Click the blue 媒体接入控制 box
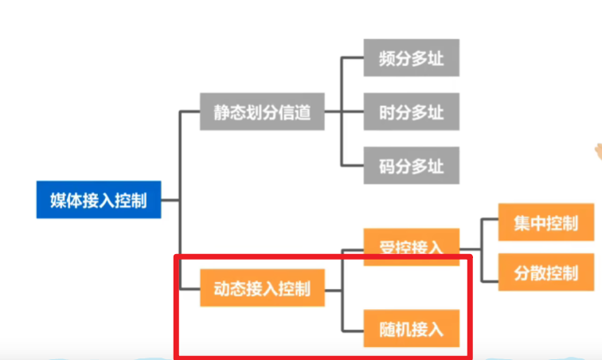click(x=99, y=199)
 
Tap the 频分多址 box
click(x=411, y=58)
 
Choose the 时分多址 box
click(x=411, y=112)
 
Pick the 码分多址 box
click(x=411, y=167)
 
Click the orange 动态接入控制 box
click(x=262, y=288)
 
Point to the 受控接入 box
click(x=411, y=245)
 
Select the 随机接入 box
click(x=411, y=327)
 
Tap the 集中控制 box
click(x=545, y=223)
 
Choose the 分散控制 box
click(x=545, y=273)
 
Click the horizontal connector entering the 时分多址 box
click(x=352, y=112)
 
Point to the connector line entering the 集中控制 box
click(x=489, y=223)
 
